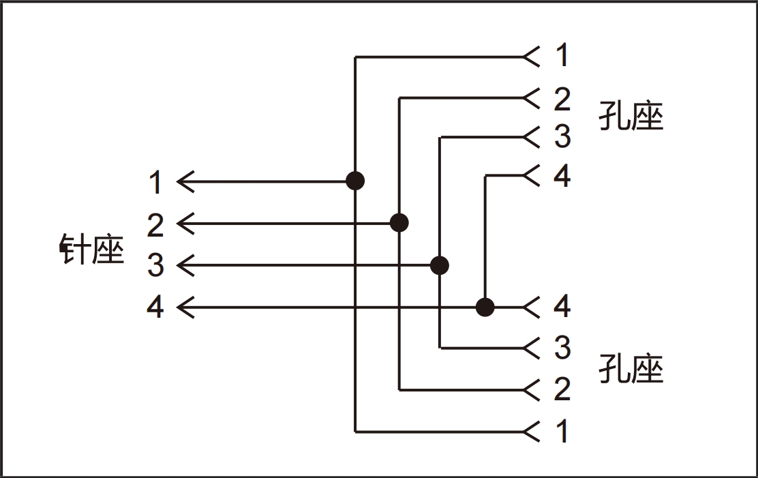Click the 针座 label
pyautogui.click(x=93, y=250)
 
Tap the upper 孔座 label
pyautogui.click(x=631, y=116)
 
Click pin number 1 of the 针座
pyautogui.click(x=155, y=183)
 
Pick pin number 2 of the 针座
pyautogui.click(x=155, y=224)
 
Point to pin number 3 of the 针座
pyautogui.click(x=155, y=265)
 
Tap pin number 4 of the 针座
pyautogui.click(x=155, y=308)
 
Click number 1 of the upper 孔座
pyautogui.click(x=562, y=56)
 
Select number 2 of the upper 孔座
pyautogui.click(x=562, y=100)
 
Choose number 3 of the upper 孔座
pyautogui.click(x=562, y=137)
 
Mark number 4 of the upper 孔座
pyautogui.click(x=562, y=177)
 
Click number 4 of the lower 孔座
pyautogui.click(x=562, y=308)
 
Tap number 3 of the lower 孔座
pyautogui.click(x=562, y=348)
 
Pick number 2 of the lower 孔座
pyautogui.click(x=562, y=389)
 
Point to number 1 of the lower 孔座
pyautogui.click(x=562, y=431)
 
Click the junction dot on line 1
pyautogui.click(x=355, y=181)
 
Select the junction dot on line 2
pyautogui.click(x=399, y=222)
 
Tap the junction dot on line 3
pyautogui.click(x=440, y=265)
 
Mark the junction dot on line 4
pyautogui.click(x=485, y=308)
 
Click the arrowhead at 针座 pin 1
pyautogui.click(x=184, y=181)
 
